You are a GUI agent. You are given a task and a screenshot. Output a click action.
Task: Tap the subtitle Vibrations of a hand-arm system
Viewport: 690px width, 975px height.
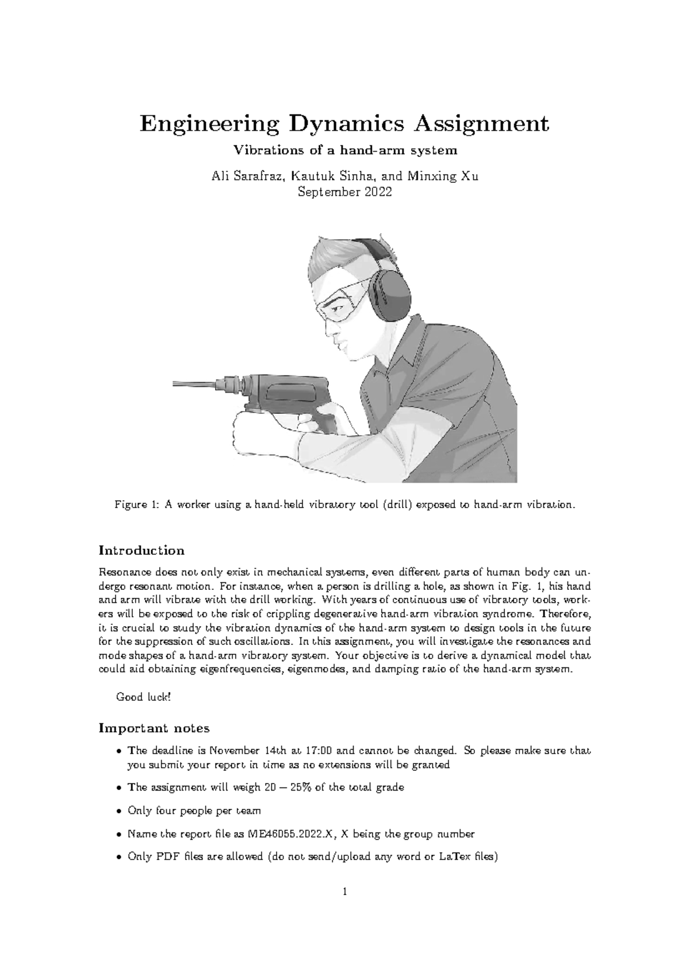pos(344,151)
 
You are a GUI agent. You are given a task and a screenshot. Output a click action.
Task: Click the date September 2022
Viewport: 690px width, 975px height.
pos(344,192)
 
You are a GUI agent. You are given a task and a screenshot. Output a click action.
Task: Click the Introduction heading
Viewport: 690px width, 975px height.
pos(141,551)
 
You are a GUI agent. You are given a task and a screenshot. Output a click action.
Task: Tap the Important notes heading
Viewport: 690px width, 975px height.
pos(154,728)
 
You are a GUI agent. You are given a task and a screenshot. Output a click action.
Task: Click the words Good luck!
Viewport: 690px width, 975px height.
pos(143,697)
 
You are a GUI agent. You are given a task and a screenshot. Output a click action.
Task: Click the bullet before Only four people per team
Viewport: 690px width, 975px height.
pos(118,811)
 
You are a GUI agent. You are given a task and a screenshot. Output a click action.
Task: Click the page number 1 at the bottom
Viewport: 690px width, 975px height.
pos(344,908)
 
